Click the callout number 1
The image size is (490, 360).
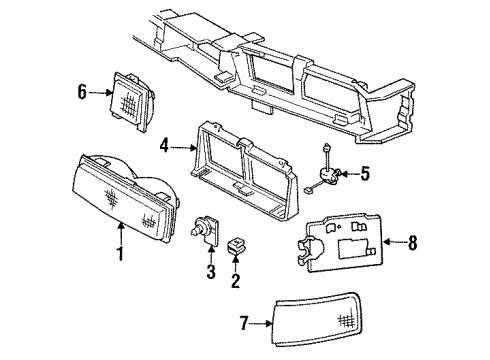(120, 253)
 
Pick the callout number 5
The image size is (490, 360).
(365, 173)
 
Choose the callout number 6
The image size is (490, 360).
(83, 91)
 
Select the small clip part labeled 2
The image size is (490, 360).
(239, 244)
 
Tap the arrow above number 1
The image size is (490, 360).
(120, 234)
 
